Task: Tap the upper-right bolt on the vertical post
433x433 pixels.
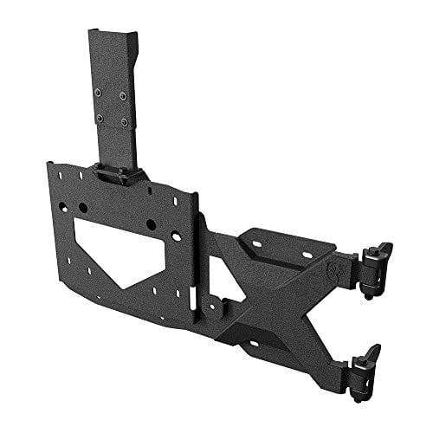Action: click(x=122, y=95)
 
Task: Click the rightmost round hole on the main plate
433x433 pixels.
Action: click(x=151, y=224)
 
